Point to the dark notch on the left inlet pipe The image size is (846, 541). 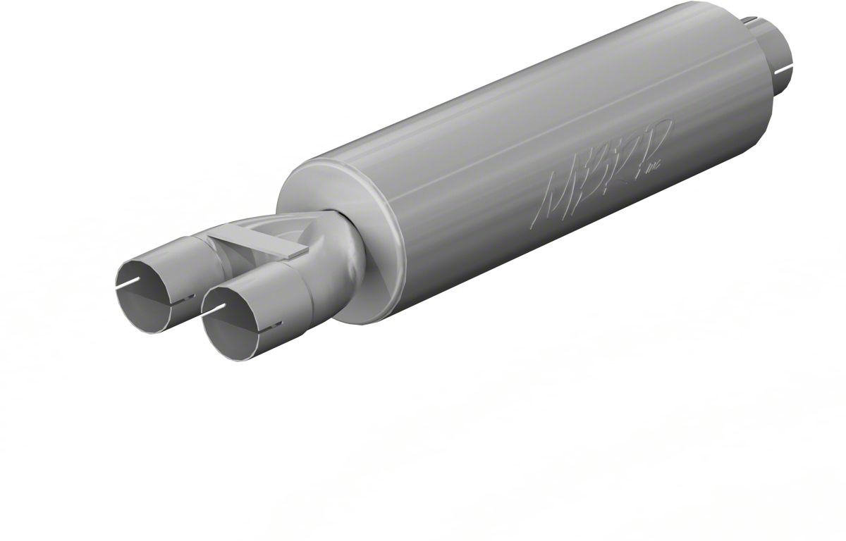(169, 311)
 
